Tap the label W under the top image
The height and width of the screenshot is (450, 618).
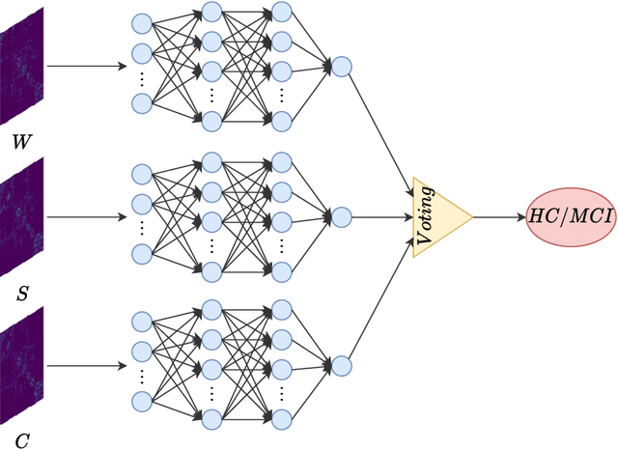pyautogui.click(x=21, y=142)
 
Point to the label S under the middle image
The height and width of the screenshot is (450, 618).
pyautogui.click(x=21, y=293)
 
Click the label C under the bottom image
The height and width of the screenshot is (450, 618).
pyautogui.click(x=21, y=441)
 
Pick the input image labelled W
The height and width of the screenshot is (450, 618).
pyautogui.click(x=22, y=66)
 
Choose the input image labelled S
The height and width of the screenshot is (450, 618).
pyautogui.click(x=22, y=216)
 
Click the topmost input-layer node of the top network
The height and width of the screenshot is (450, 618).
pyautogui.click(x=142, y=22)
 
